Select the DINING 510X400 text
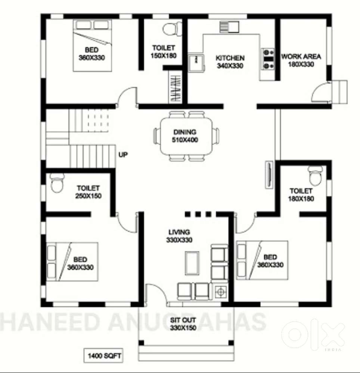point(185,136)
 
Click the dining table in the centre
point(186,136)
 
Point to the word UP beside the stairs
point(123,155)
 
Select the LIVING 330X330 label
point(179,236)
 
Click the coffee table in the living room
point(192,263)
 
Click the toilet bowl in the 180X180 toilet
point(315,176)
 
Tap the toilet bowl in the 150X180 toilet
point(173,29)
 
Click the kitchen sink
point(196,63)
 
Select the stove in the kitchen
point(268,59)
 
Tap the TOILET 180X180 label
point(301,195)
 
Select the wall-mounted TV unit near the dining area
point(269,175)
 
